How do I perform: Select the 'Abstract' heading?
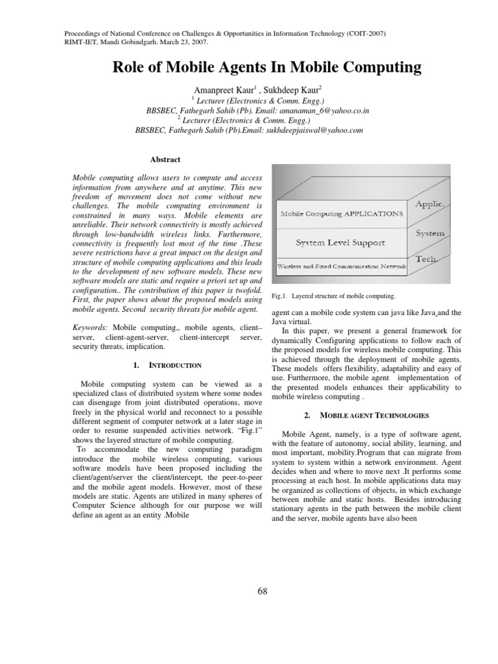[165, 160]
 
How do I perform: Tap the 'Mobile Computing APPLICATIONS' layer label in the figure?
[341, 213]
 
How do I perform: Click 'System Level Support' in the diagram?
[340, 243]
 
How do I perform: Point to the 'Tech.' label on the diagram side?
[427, 257]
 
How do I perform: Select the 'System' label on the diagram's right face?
[429, 232]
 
